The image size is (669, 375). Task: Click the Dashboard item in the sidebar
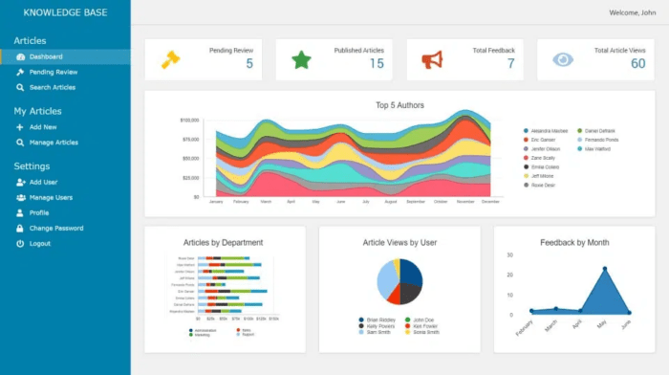click(x=45, y=56)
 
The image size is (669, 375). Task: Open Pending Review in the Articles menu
click(x=53, y=72)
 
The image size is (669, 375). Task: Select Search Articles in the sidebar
click(x=52, y=87)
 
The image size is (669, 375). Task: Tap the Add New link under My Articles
click(x=43, y=126)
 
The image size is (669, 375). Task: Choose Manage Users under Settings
click(x=51, y=197)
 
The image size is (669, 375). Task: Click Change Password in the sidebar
click(x=55, y=228)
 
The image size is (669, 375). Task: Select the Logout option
click(x=39, y=243)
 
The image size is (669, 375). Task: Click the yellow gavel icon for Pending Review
click(x=170, y=59)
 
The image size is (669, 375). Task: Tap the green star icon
click(x=301, y=59)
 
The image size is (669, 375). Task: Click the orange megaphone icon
click(x=432, y=59)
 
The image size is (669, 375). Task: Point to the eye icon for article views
click(x=563, y=59)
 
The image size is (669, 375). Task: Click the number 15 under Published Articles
click(x=377, y=64)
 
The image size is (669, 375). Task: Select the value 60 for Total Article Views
click(x=637, y=64)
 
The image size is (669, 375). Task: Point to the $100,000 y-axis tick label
click(x=189, y=121)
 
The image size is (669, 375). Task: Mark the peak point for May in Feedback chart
click(x=604, y=269)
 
